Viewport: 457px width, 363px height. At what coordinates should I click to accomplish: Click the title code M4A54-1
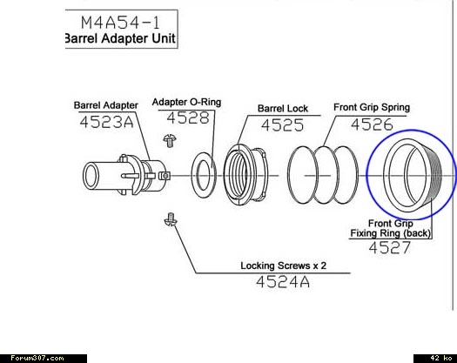[120, 23]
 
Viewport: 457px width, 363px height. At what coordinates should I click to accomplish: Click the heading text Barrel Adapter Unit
[120, 38]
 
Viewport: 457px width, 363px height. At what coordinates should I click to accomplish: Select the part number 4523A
[106, 122]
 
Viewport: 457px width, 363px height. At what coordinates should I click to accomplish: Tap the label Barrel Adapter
[106, 105]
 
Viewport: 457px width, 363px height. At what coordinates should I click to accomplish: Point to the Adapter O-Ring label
[186, 102]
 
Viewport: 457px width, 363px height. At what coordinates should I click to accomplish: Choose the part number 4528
[188, 118]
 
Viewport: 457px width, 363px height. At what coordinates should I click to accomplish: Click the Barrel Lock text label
[283, 109]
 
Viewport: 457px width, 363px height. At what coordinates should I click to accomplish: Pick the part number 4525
[282, 125]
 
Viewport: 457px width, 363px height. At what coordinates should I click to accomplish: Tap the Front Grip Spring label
[372, 108]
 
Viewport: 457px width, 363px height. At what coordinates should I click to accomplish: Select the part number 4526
[372, 124]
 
